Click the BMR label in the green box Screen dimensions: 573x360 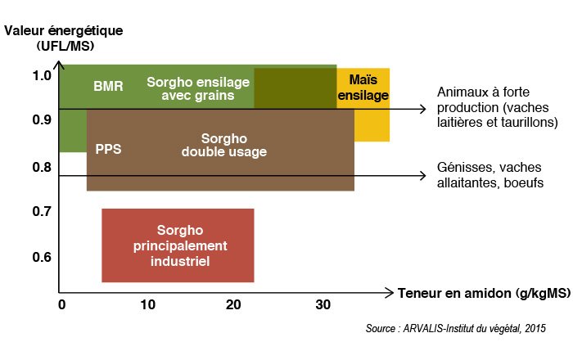click(108, 86)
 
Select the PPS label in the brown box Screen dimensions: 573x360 click(108, 149)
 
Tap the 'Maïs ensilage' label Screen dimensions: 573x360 click(363, 88)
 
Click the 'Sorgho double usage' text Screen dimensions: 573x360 click(224, 145)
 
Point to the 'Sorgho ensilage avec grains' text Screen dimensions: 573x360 click(198, 88)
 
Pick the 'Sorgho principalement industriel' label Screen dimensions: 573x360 click(180, 245)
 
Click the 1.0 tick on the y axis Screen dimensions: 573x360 click(42, 75)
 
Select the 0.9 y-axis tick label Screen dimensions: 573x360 click(42, 119)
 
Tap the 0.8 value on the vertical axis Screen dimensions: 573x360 click(42, 167)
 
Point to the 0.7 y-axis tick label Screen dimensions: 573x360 click(42, 211)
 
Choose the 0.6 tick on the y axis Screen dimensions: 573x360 click(42, 257)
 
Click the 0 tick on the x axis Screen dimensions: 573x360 click(61, 304)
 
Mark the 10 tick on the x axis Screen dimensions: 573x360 click(147, 304)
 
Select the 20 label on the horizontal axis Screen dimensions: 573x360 click(233, 304)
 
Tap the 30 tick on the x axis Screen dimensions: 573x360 click(323, 304)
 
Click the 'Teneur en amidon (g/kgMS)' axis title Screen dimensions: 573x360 click(485, 293)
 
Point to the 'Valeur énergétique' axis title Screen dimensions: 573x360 click(64, 30)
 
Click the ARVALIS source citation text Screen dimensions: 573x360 click(456, 328)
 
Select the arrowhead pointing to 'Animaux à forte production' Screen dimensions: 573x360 click(422, 109)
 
